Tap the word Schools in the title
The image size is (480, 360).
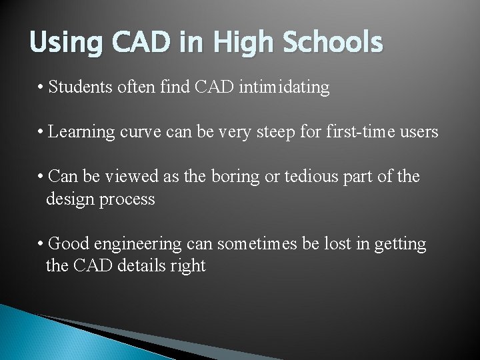(333, 43)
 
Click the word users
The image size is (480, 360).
(419, 132)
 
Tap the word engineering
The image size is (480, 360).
(136, 244)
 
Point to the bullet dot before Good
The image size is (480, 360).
(41, 244)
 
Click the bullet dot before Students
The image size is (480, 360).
(41, 87)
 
